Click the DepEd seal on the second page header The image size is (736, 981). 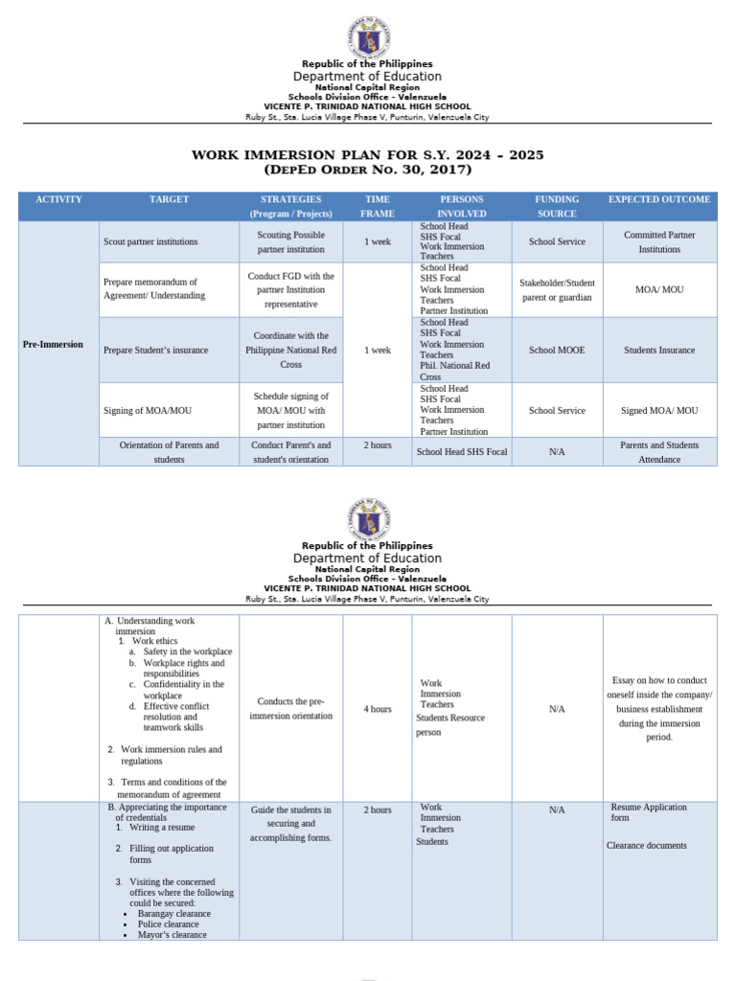[367, 520]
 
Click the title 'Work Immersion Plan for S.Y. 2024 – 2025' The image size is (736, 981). [368, 155]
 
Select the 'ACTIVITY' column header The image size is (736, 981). [58, 199]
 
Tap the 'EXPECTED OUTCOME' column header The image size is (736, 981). [659, 199]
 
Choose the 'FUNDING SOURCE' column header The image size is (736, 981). [557, 206]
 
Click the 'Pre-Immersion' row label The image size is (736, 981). [54, 344]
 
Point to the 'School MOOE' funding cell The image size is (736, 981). [557, 351]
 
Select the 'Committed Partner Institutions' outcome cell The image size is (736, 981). [659, 241]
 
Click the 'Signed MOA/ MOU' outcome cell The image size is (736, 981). [659, 410]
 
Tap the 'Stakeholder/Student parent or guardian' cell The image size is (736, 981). [557, 289]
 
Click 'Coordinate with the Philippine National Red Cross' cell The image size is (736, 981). [291, 351]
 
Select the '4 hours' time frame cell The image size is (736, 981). [378, 709]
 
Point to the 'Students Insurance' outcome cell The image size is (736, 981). [659, 351]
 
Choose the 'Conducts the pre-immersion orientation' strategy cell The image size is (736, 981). [291, 708]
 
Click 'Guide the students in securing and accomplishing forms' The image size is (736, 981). [291, 823]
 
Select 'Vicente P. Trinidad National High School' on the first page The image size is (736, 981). [367, 106]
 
